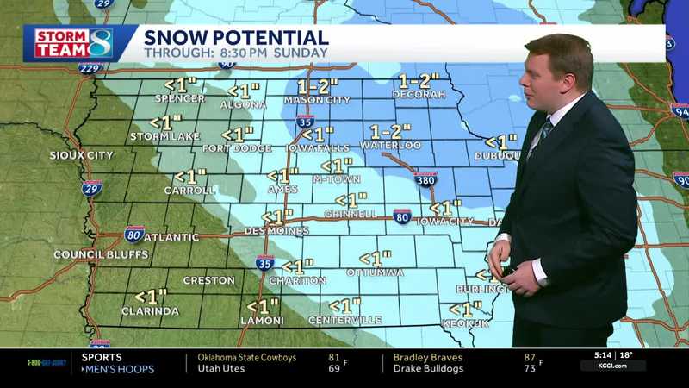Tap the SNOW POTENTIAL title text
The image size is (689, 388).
pyautogui.click(x=236, y=37)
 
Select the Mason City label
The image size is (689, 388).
pyautogui.click(x=318, y=100)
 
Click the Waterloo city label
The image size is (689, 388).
pyautogui.click(x=390, y=146)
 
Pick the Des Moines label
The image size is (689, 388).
pyautogui.click(x=277, y=231)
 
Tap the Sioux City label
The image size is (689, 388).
pyautogui.click(x=82, y=155)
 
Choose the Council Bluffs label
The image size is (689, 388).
pyautogui.click(x=101, y=254)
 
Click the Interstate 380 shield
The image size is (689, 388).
pyautogui.click(x=425, y=179)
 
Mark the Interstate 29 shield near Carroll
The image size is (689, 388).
pyautogui.click(x=93, y=187)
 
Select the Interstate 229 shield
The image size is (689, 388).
pyautogui.click(x=90, y=67)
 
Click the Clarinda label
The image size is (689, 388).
pyautogui.click(x=150, y=311)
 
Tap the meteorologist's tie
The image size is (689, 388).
pyautogui.click(x=541, y=138)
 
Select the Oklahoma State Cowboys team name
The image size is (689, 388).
pyautogui.click(x=246, y=358)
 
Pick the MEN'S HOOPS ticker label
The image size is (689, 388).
pyautogui.click(x=118, y=369)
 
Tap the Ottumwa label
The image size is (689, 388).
pyautogui.click(x=375, y=272)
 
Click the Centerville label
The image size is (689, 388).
pyautogui.click(x=345, y=321)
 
